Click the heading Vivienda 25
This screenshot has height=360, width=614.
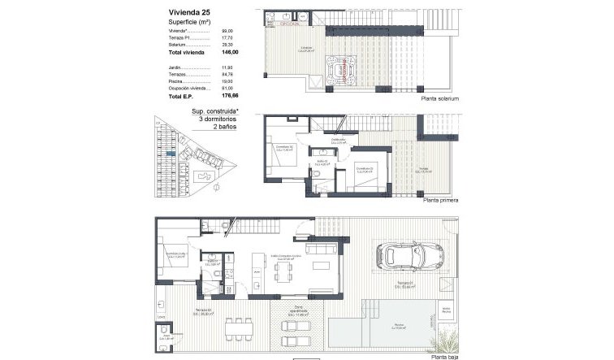click(189, 13)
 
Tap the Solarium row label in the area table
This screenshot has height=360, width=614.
click(179, 44)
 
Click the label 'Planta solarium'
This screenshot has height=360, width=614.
click(439, 98)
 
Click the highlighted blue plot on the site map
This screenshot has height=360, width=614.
click(169, 153)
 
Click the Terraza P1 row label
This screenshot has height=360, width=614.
click(183, 37)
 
